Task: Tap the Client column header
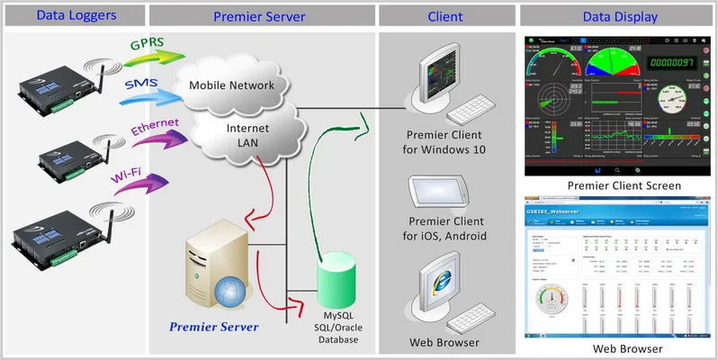tap(445, 16)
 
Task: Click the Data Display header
tap(621, 16)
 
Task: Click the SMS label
tap(141, 84)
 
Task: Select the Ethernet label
tap(155, 125)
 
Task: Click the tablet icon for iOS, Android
tap(438, 191)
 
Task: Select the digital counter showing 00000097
tap(672, 61)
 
